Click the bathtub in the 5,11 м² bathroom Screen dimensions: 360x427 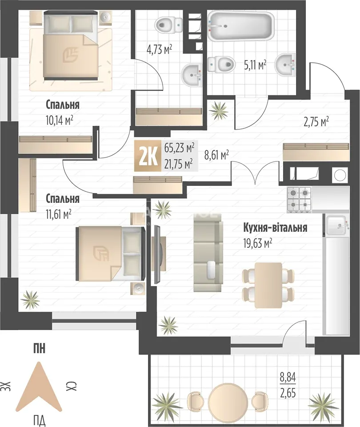(x=241, y=26)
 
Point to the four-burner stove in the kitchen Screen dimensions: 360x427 (x=299, y=200)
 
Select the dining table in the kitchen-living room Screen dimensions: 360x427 (x=268, y=285)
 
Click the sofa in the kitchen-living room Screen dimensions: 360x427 (x=208, y=256)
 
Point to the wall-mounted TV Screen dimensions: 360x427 (x=157, y=254)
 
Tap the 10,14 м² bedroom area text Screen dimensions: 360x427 (x=60, y=120)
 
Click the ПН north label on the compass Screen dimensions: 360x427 (x=40, y=349)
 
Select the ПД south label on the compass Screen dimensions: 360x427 (x=40, y=419)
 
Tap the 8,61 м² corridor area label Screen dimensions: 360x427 (x=216, y=155)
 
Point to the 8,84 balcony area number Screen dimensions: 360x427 (x=288, y=378)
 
